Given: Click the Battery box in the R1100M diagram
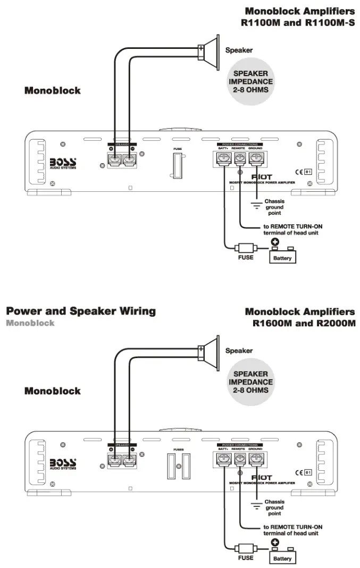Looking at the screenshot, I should click(282, 257).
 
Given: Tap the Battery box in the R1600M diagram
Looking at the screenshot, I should click(282, 557).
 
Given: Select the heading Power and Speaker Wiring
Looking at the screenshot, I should click(81, 311).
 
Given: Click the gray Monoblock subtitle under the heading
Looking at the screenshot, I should click(30, 323).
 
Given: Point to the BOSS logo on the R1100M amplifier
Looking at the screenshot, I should click(63, 163).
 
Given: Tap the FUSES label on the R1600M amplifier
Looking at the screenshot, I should click(178, 450).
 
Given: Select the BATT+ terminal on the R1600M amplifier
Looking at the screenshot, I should click(223, 460).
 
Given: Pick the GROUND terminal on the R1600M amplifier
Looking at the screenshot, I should click(257, 460).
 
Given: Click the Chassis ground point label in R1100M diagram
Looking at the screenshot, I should click(274, 207).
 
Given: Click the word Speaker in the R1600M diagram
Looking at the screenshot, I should click(239, 351).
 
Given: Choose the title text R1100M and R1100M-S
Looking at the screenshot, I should click(298, 23).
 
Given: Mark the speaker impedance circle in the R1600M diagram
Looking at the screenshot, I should click(250, 382).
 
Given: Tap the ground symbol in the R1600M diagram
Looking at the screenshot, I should click(256, 505).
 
